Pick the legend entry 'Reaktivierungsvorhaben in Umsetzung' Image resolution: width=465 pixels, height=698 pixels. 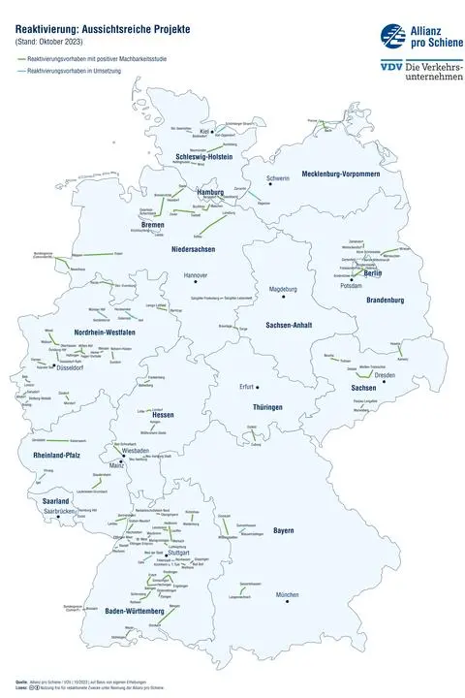[74, 73]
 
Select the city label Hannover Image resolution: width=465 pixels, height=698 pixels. [196, 276]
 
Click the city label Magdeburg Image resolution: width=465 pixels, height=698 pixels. [281, 289]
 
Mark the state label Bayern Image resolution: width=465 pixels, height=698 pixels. [283, 531]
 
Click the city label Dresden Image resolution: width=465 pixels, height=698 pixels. [384, 374]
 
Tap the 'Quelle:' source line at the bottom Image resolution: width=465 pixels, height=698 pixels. [87, 682]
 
